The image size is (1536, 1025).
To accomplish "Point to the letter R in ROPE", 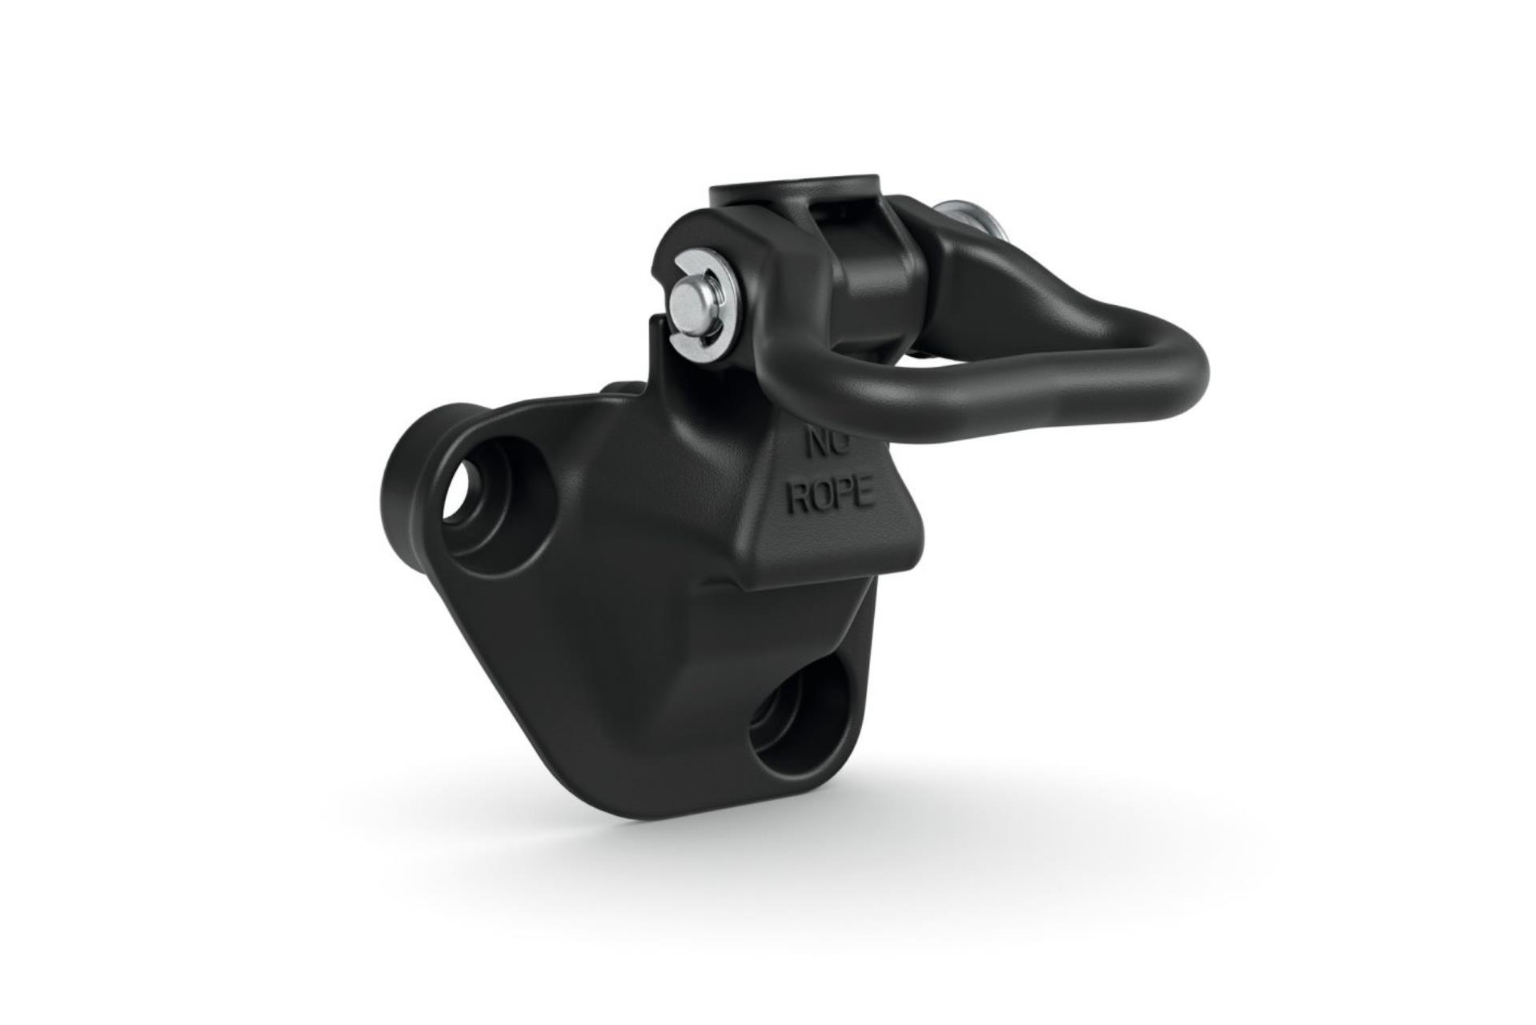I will click(x=798, y=498).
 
